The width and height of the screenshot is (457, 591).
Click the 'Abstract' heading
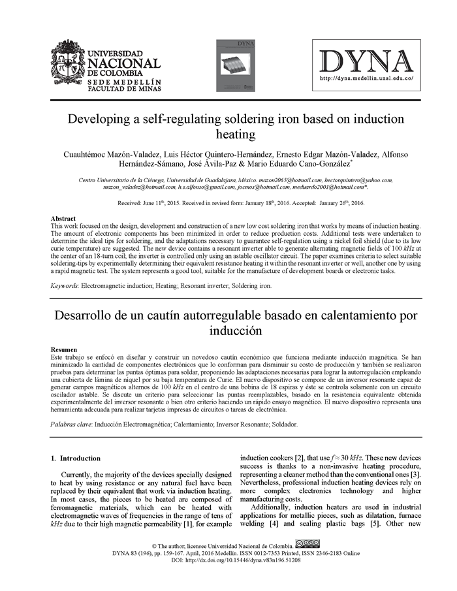click(x=63, y=219)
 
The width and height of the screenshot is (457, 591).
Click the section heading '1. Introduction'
click(x=76, y=458)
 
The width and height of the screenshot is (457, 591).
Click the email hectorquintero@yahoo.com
click(x=359, y=180)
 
